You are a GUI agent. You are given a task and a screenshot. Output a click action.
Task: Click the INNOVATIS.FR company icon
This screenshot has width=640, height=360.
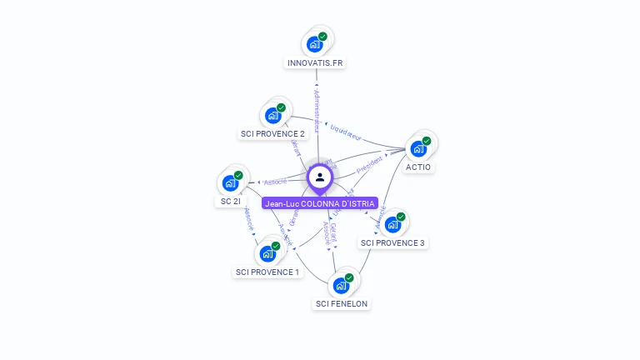[315, 44]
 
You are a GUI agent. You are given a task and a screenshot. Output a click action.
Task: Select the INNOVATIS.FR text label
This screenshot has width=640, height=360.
[315, 62]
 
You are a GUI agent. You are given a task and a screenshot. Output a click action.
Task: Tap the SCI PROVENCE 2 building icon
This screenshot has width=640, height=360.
[272, 115]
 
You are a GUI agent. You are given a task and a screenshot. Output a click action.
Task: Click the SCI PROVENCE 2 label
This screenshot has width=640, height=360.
[272, 133]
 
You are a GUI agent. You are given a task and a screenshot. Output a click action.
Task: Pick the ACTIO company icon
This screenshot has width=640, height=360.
[418, 148]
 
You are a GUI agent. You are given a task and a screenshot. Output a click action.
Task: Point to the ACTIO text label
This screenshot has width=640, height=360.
[418, 167]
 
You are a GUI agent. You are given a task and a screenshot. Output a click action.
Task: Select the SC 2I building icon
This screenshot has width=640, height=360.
[230, 183]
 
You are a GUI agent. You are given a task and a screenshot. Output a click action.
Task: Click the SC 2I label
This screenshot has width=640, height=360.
[230, 202]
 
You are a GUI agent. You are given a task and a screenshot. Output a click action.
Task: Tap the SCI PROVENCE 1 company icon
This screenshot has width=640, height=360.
[267, 253]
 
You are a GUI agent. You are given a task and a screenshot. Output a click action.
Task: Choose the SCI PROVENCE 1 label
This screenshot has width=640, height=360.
[267, 272]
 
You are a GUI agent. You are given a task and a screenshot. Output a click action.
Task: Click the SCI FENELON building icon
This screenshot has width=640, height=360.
[341, 285]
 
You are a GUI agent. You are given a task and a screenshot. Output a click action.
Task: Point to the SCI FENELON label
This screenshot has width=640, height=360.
[342, 303]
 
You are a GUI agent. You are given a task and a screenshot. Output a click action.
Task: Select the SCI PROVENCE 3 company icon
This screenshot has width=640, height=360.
[392, 224]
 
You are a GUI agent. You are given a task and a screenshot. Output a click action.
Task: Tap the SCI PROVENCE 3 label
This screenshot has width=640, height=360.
[392, 242]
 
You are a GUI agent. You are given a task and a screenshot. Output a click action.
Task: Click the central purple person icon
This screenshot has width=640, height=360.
[320, 177]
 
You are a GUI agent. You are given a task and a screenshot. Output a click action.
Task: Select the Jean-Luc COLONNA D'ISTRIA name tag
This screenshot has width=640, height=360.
[320, 203]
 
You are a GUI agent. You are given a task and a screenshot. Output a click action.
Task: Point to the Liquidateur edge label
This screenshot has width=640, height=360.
[346, 132]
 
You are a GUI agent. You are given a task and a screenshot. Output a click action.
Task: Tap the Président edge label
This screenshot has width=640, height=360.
[369, 163]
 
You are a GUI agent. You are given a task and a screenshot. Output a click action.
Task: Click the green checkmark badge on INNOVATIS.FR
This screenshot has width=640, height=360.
[323, 37]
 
